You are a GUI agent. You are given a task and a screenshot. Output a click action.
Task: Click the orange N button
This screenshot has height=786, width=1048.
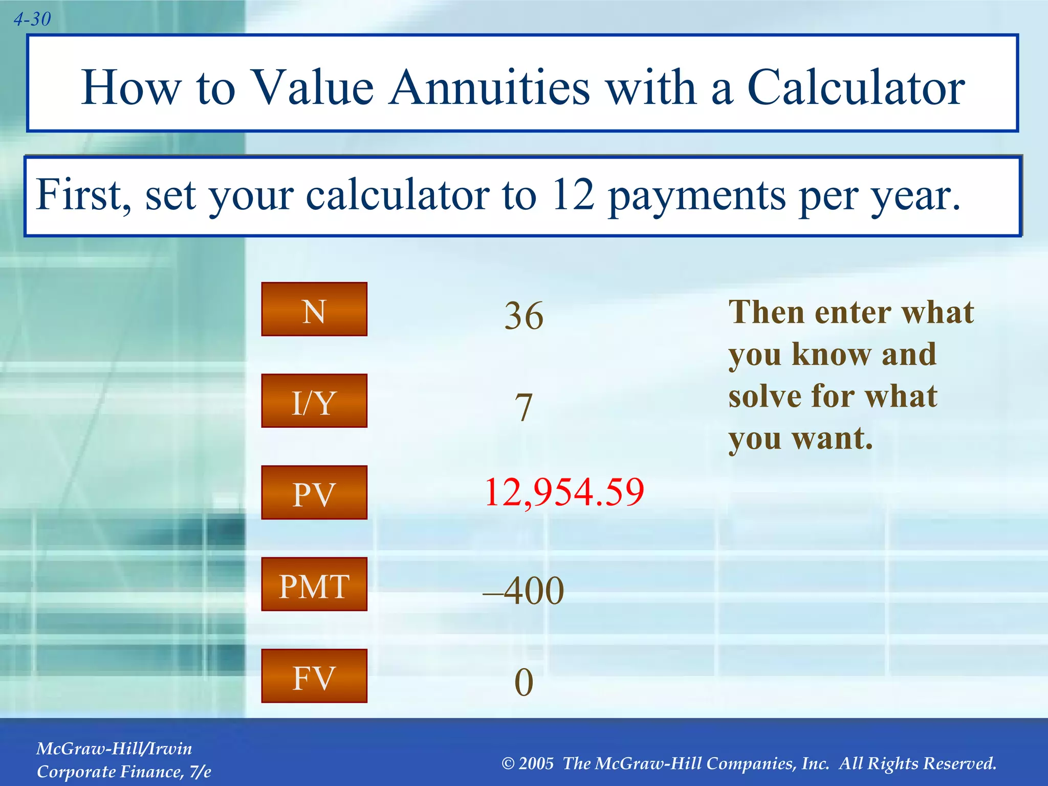[x=314, y=310]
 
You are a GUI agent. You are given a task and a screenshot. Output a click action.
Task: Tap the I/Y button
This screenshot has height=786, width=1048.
[x=314, y=401]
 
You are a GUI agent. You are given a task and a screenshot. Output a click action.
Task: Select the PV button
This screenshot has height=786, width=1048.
[x=314, y=493]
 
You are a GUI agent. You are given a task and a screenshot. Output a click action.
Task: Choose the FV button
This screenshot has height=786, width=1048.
[x=314, y=676]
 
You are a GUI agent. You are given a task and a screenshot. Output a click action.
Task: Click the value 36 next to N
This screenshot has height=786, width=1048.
[x=523, y=315]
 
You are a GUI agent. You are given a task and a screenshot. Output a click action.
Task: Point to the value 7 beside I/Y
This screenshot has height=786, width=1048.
[x=523, y=407]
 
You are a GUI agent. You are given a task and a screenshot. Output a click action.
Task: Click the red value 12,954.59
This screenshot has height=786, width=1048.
[x=564, y=492]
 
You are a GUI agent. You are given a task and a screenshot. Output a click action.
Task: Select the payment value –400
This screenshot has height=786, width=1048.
[x=523, y=591]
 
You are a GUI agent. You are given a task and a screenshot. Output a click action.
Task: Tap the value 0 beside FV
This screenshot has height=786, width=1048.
[x=523, y=682]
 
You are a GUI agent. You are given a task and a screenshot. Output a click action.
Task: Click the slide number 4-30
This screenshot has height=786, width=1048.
[x=32, y=19]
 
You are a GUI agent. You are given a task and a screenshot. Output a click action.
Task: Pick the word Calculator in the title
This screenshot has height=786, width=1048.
[x=856, y=88]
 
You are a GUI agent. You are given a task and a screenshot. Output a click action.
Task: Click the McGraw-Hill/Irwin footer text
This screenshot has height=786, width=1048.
[x=114, y=749]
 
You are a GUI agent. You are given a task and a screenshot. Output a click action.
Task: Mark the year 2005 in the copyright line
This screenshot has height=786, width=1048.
[x=536, y=763]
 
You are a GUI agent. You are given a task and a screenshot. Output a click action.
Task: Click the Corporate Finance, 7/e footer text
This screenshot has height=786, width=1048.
[x=124, y=772]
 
